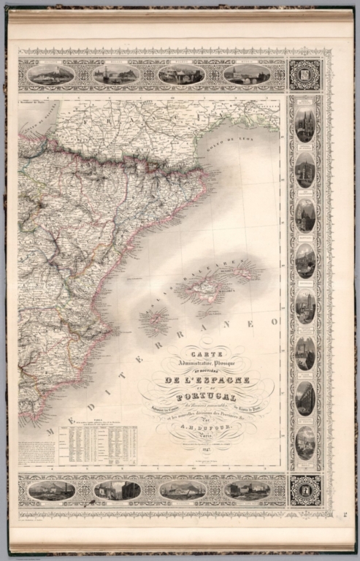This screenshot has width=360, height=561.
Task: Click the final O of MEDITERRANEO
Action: tap(275, 321)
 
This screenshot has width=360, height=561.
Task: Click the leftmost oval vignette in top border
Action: tap(51, 75)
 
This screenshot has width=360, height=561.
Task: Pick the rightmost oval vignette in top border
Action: tap(247, 75)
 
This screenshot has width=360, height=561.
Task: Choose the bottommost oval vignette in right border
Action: tap(305, 441)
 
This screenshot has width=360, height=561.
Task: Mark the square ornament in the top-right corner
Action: tap(305, 75)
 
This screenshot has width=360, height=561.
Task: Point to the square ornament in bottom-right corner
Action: tap(305, 489)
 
